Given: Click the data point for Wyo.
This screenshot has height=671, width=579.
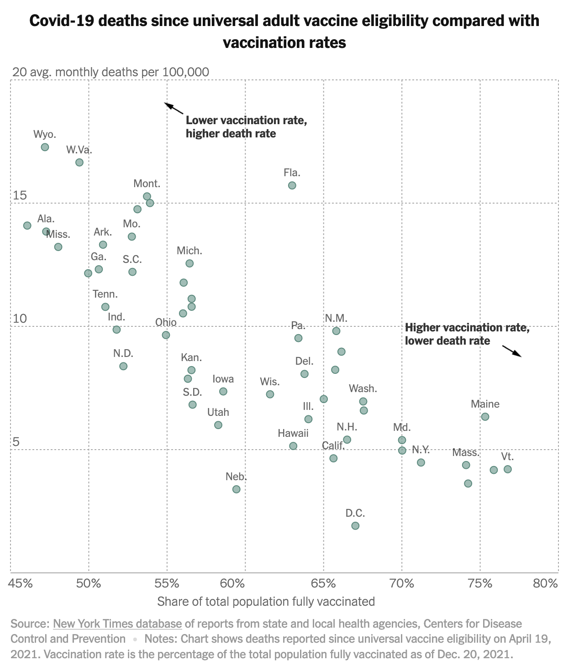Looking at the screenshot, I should pos(45,147).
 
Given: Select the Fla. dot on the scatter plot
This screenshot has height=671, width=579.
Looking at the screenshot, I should pos(292,185).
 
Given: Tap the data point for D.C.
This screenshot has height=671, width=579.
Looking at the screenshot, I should pos(355,525).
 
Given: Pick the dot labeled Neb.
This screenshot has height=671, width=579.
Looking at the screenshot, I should pos(236,489).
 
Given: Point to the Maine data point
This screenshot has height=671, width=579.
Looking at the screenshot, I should pos(485,417).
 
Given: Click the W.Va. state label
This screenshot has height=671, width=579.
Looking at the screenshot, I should pos(79,150).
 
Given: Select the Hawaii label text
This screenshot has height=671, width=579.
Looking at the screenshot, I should pos(293,433).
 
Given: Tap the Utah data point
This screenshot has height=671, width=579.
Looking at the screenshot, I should pos(218,425).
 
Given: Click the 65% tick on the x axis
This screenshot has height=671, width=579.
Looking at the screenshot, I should pos(323,583).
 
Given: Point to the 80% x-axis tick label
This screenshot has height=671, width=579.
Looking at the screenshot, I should pos(546,583).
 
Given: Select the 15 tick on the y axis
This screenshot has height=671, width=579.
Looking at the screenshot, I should pos(20,195).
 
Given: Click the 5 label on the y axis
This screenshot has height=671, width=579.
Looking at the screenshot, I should pos(16,442).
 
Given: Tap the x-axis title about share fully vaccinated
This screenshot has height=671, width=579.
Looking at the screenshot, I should pos(266,602).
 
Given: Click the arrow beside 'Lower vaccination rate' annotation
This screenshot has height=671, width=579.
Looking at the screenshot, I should pos(174,108).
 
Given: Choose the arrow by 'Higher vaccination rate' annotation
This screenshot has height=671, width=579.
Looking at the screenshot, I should pos(511,351).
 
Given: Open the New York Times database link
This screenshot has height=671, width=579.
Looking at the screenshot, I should pos(117,624).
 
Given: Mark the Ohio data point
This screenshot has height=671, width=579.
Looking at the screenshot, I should pos(166,335).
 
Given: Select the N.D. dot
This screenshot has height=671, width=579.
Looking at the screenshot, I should pos(123,366).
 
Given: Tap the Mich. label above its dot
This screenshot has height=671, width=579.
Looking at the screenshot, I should pos(189,251).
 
